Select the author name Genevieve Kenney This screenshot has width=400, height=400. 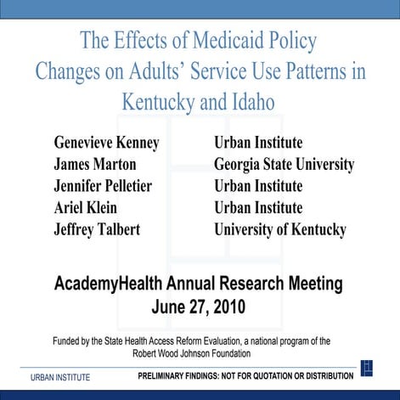[107, 142]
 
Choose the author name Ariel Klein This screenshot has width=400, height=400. [85, 208]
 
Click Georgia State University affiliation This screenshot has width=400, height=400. [284, 164]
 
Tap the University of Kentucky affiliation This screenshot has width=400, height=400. [280, 230]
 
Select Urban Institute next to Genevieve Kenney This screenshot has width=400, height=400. [258, 142]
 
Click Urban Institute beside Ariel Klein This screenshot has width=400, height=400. [258, 208]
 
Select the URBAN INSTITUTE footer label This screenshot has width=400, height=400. [60, 377]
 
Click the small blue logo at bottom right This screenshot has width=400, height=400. [367, 368]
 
